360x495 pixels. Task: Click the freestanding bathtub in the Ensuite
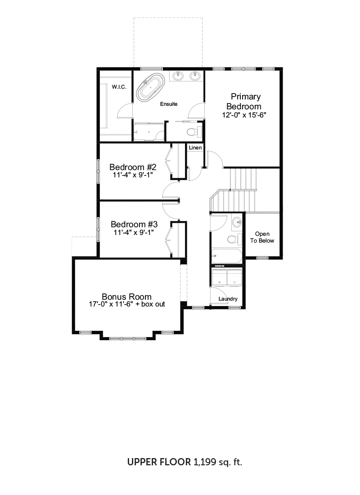point(151,88)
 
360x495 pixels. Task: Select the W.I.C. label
point(119,87)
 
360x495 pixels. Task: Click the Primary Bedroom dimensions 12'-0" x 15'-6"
point(244,115)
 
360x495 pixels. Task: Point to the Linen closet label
point(195,148)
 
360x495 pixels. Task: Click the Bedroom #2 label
point(133,167)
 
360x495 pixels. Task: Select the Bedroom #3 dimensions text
point(134,232)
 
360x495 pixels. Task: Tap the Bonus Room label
point(126,297)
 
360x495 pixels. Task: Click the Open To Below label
point(262,237)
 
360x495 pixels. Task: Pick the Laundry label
point(228,299)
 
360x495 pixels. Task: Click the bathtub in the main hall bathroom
point(227,256)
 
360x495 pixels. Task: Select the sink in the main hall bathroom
point(238,222)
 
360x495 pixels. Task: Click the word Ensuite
point(169,104)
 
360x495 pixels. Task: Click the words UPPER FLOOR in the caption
point(159,462)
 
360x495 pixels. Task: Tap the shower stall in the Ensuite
point(149,132)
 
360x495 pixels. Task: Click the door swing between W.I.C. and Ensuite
point(124,110)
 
